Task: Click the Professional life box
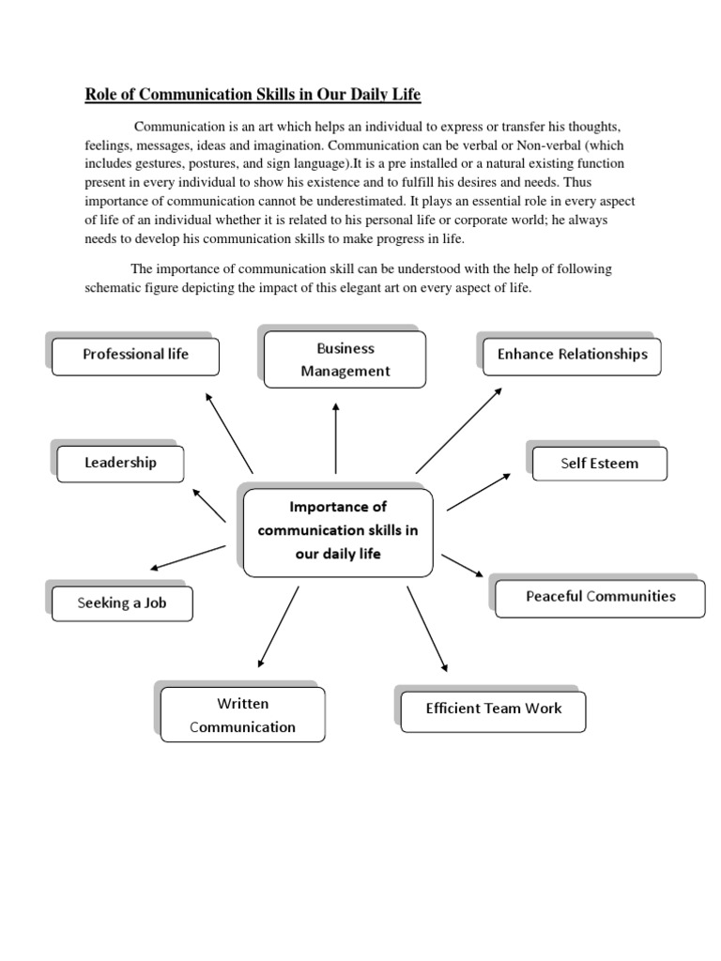pos(136,355)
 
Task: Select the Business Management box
pos(345,359)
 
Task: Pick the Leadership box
pos(120,463)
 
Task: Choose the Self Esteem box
pos(599,464)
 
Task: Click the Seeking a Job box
pos(121,603)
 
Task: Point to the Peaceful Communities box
pos(600,597)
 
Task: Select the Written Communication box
pos(242,715)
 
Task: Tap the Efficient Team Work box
pos(493,709)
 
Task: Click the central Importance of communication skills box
pos(338,531)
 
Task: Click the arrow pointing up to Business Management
pos(336,436)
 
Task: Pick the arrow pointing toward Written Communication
pos(278,626)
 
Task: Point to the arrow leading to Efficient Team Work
pos(427,629)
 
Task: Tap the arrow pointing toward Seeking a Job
pos(188,557)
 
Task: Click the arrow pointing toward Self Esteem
pos(479,492)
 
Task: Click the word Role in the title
pos(101,94)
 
